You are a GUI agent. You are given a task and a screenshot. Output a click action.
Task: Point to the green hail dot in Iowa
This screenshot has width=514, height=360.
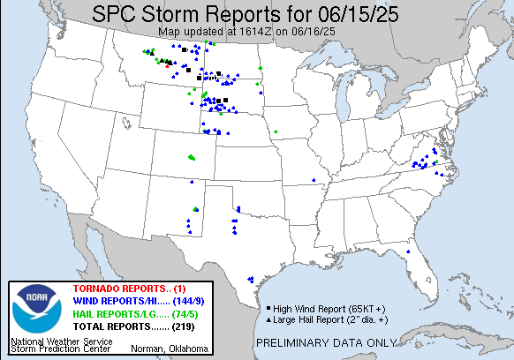[x=276, y=132]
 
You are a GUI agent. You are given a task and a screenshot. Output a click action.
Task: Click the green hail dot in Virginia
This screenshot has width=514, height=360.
[x=435, y=163]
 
